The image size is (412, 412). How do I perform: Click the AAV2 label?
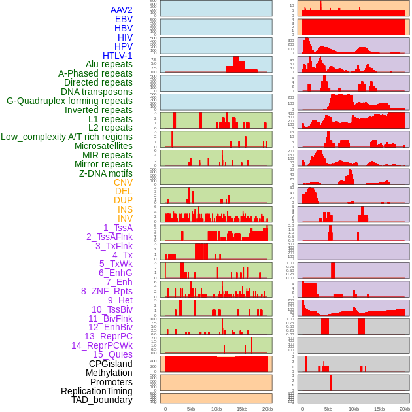pyautogui.click(x=121, y=10)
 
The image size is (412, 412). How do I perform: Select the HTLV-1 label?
pyautogui.click(x=117, y=56)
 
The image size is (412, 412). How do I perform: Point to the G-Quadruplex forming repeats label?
pyautogui.click(x=69, y=101)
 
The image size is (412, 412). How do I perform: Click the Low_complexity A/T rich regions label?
pyautogui.click(x=67, y=137)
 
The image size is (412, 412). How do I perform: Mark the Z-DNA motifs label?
pyautogui.click(x=105, y=173)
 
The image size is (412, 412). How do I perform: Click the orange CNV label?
pyautogui.click(x=123, y=182)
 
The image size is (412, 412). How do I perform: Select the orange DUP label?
pyautogui.click(x=123, y=200)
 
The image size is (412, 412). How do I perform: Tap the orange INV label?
pyautogui.click(x=125, y=218)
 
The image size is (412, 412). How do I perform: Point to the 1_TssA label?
pyautogui.click(x=118, y=228)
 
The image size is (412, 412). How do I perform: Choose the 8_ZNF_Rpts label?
pyautogui.click(x=107, y=291)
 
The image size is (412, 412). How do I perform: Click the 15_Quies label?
pyautogui.click(x=112, y=354)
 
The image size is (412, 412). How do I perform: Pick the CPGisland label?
pyautogui.click(x=111, y=364)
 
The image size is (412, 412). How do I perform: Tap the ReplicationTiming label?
pyautogui.click(x=96, y=391)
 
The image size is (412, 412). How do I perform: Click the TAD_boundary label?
pyautogui.click(x=101, y=400)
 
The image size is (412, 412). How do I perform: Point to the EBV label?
pyautogui.click(x=124, y=19)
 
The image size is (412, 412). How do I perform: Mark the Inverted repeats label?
pyautogui.click(x=98, y=110)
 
